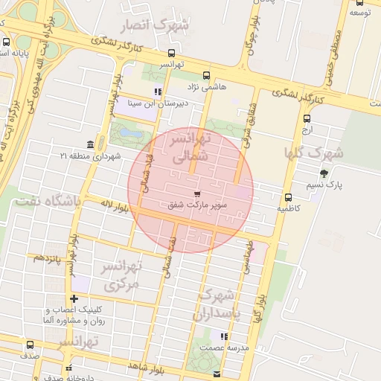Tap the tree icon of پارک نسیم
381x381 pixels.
(323, 173)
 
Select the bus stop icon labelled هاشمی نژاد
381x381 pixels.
(206, 75)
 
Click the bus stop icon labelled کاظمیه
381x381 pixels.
(288, 197)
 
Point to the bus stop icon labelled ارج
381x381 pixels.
(307, 118)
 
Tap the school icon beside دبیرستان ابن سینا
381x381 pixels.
(157, 92)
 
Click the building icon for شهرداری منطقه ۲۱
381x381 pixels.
(90, 144)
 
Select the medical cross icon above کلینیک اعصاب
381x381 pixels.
(73, 298)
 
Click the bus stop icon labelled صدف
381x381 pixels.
(30, 345)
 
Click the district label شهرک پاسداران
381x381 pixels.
(221, 304)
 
